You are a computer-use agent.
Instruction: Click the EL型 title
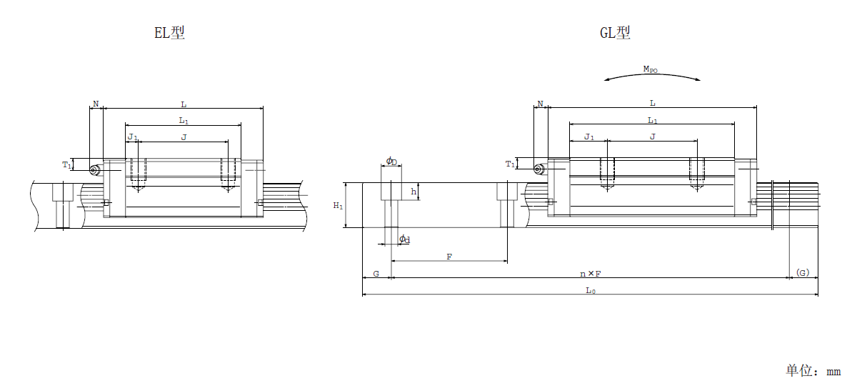(170, 34)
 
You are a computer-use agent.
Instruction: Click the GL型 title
(616, 34)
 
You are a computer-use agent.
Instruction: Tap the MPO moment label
(651, 69)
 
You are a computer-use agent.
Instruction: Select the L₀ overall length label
(590, 290)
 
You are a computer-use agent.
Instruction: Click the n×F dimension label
(590, 274)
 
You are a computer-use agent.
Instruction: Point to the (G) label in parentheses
(803, 273)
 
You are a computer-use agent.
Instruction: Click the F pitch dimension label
(449, 257)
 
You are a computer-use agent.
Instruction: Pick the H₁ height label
(337, 206)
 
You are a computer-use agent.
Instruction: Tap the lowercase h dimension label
(413, 192)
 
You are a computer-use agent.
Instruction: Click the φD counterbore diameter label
(392, 162)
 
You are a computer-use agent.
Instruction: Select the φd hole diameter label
(404, 239)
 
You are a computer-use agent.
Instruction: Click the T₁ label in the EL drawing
(66, 165)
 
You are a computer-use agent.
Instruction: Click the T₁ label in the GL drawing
(511, 164)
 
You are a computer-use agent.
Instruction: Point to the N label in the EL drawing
(96, 103)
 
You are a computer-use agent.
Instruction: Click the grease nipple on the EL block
(94, 170)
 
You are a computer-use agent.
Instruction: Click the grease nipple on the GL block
(539, 170)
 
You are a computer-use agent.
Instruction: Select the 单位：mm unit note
(813, 371)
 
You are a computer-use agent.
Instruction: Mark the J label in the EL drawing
(184, 137)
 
